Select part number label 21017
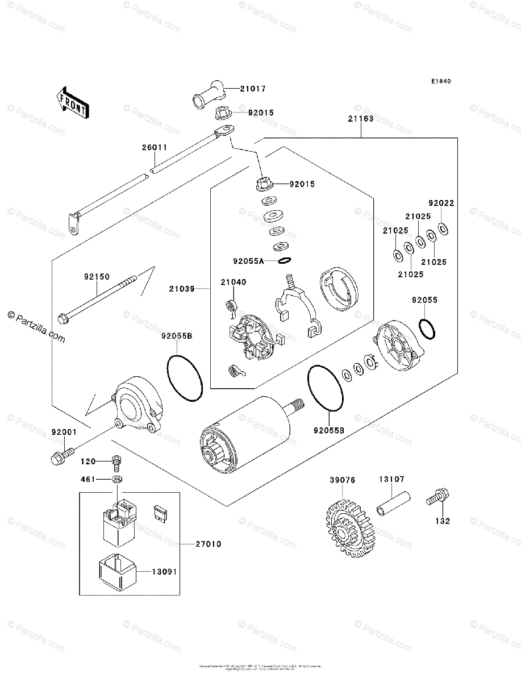252,89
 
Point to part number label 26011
155,147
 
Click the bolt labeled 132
438,498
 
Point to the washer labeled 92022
444,228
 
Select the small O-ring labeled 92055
428,328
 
